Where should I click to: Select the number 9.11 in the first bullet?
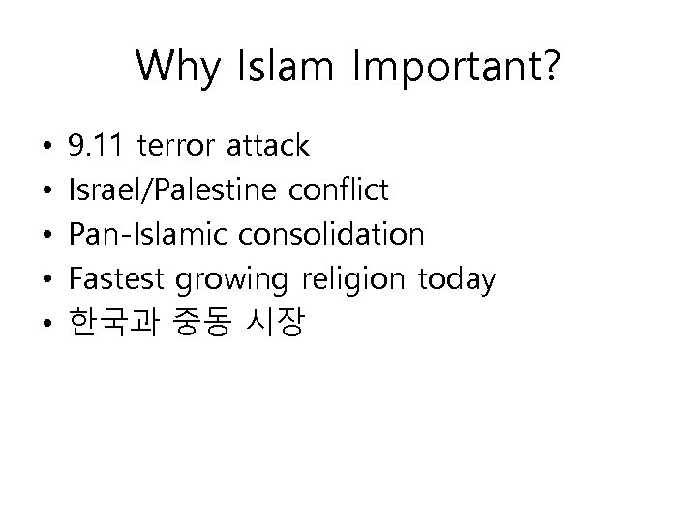click(x=97, y=147)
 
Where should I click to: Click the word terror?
click(x=178, y=147)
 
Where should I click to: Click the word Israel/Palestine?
click(x=175, y=190)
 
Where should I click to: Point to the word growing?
click(x=232, y=281)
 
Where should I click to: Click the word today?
click(x=457, y=281)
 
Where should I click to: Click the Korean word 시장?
click(x=275, y=324)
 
